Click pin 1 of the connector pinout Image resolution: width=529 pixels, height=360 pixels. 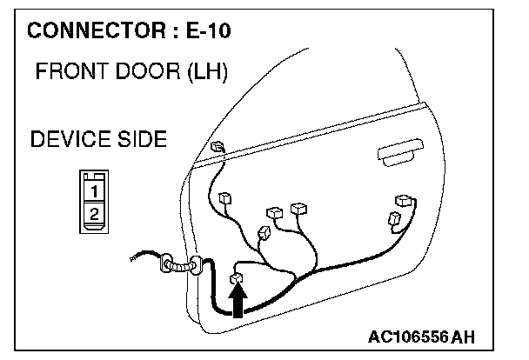[94, 188]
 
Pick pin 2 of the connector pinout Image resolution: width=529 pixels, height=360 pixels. [94, 212]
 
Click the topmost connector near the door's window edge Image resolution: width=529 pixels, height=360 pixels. [218, 146]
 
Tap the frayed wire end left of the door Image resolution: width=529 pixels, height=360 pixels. [133, 257]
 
